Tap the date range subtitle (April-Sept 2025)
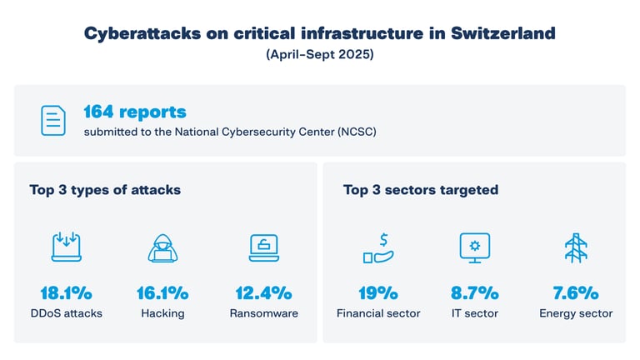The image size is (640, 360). (319, 56)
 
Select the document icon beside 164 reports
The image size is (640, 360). (54, 121)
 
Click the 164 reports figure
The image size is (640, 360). (134, 112)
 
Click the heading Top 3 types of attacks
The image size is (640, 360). (105, 190)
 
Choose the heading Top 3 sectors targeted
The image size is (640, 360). (421, 190)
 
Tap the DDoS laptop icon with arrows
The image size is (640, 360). (66, 247)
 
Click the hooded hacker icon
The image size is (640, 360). (162, 247)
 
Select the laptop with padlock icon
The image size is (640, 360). (263, 247)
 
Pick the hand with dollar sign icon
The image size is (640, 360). (377, 247)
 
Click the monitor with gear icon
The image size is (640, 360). (475, 247)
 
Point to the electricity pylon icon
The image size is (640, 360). (575, 247)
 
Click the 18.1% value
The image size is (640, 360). (66, 293)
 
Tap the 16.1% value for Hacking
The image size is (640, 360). (162, 293)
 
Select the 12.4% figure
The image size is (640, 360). (263, 293)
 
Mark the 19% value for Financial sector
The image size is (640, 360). (378, 293)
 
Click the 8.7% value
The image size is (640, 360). (475, 293)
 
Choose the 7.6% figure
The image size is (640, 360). (575, 293)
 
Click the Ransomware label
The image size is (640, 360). (263, 313)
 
